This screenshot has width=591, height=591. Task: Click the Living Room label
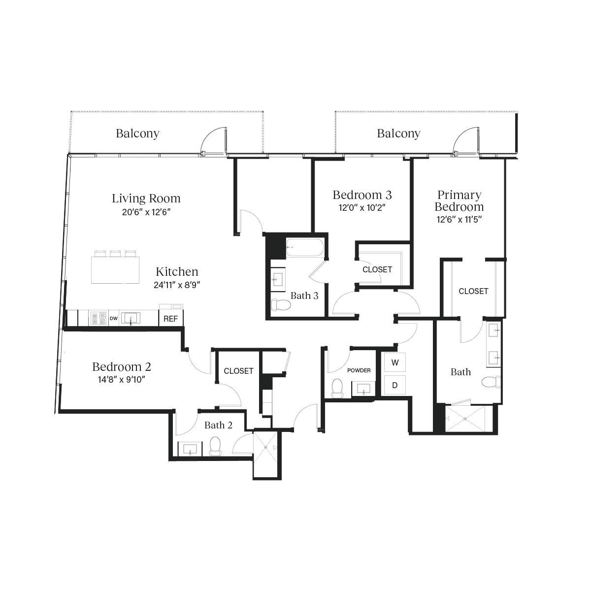[x=146, y=198]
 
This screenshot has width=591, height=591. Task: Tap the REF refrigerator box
[x=170, y=318]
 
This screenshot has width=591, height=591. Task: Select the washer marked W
[x=394, y=362]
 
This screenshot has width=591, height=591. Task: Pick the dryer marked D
[x=394, y=385]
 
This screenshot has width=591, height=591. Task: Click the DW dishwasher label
[x=114, y=319]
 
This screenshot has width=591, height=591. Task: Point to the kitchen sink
[x=131, y=318]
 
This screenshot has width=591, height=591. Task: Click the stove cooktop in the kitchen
[x=98, y=318]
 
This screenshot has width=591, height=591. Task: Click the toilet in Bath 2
[x=215, y=446]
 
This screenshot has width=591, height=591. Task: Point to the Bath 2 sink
[x=190, y=450]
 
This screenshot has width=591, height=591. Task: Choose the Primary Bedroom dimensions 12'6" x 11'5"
[x=458, y=220]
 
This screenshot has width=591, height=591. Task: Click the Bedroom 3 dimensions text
[x=362, y=207]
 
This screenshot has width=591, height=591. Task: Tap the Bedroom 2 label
[x=122, y=367]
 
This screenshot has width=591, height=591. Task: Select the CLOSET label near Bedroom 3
[x=377, y=269]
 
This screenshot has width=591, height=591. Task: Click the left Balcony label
[x=137, y=133]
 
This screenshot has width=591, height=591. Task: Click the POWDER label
[x=359, y=370]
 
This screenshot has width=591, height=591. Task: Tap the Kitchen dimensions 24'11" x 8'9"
[x=177, y=284]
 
